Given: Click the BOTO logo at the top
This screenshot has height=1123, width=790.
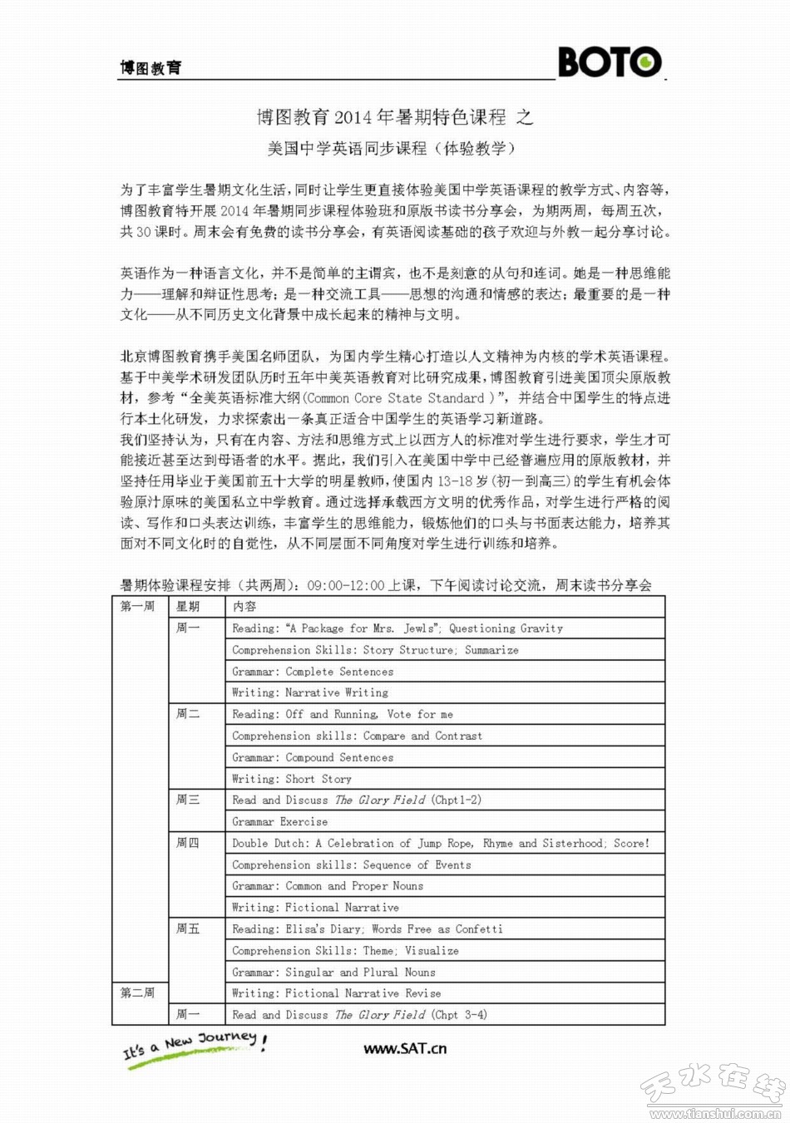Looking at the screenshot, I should pyautogui.click(x=610, y=62).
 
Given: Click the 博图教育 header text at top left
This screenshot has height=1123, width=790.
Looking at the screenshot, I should pyautogui.click(x=151, y=68).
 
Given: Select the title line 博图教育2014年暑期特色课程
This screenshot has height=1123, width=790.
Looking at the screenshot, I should pyautogui.click(x=395, y=117).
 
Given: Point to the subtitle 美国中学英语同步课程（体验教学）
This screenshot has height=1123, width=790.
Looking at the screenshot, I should pyautogui.click(x=391, y=149).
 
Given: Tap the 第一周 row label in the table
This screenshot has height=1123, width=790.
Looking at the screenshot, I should pyautogui.click(x=137, y=607).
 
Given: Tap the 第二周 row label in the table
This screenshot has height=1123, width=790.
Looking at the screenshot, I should pyautogui.click(x=137, y=993).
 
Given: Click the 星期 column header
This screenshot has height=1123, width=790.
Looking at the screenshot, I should pyautogui.click(x=188, y=607).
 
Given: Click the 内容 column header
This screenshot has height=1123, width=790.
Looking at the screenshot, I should pyautogui.click(x=244, y=607).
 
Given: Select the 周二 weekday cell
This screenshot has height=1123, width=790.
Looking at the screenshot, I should pyautogui.click(x=188, y=714).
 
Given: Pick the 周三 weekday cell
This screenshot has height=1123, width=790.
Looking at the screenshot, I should pyautogui.click(x=188, y=800).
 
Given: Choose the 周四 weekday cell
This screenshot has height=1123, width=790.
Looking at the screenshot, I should pyautogui.click(x=188, y=843).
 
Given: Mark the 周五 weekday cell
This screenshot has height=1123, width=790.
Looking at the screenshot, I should pyautogui.click(x=188, y=928).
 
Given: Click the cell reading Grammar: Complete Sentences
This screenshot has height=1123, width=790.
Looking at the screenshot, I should pyautogui.click(x=313, y=672).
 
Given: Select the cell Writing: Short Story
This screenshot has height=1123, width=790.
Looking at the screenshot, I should pyautogui.click(x=292, y=779).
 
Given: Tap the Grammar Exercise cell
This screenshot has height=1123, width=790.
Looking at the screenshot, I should pyautogui.click(x=279, y=821).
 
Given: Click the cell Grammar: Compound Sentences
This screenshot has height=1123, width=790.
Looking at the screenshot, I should pyautogui.click(x=313, y=757).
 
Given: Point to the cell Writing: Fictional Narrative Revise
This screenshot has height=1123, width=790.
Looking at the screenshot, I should pyautogui.click(x=336, y=993).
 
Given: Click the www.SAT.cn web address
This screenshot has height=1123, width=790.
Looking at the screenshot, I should pyautogui.click(x=405, y=1048).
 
